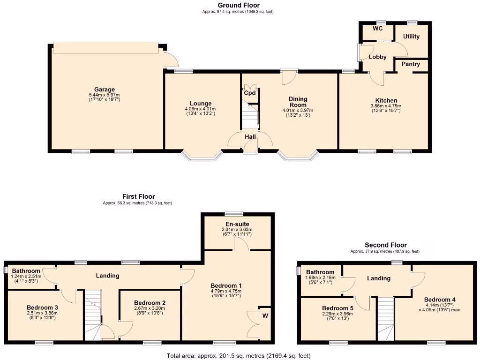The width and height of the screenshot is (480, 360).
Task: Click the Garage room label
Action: click(105, 90)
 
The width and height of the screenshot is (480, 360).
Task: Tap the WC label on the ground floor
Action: click(378, 29)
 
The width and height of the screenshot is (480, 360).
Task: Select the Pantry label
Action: click(411, 64)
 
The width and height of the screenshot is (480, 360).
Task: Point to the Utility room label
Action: click(411, 37)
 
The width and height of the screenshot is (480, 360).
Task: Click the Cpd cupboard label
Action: click(250, 93)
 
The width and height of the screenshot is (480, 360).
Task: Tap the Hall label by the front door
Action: click(250, 137)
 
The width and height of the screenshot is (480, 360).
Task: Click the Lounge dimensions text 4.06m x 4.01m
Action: click(201, 109)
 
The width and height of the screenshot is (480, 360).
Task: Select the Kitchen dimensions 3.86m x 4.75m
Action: click(386, 106)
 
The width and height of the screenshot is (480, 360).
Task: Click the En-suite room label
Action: click(237, 224)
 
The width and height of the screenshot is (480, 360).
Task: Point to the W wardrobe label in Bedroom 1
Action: click(265, 315)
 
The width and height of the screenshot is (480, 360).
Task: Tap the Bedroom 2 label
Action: click(150, 303)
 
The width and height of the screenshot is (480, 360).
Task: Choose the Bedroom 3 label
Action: click(42, 307)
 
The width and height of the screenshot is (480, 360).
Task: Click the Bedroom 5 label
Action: click(335, 308)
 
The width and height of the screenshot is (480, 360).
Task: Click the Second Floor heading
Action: click(386, 245)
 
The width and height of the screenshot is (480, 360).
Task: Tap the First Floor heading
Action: click(138, 196)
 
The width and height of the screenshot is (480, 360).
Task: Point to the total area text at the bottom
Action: click(239, 356)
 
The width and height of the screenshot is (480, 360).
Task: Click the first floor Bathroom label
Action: click(26, 271)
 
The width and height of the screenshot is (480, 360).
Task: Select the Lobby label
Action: click(377, 57)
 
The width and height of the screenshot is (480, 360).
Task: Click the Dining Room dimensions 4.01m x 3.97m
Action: click(298, 111)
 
